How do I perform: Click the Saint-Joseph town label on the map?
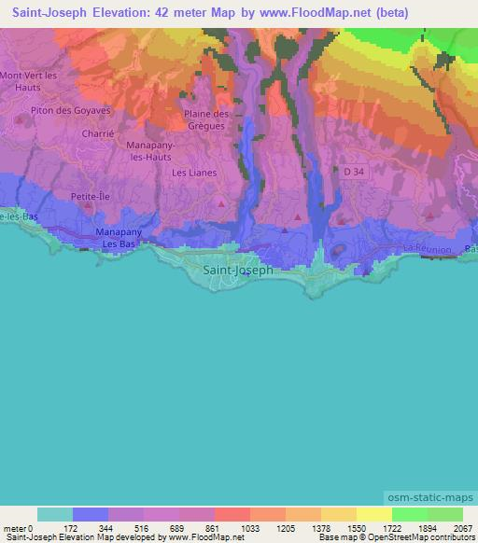click(238, 270)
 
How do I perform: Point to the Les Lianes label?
click(194, 173)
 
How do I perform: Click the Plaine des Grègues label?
click(208, 119)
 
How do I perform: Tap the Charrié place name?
click(98, 133)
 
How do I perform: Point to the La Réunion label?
click(428, 250)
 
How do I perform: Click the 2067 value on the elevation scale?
click(451, 528)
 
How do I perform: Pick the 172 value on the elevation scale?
click(73, 528)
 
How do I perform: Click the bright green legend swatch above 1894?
click(409, 514)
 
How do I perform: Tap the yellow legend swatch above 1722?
click(373, 514)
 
